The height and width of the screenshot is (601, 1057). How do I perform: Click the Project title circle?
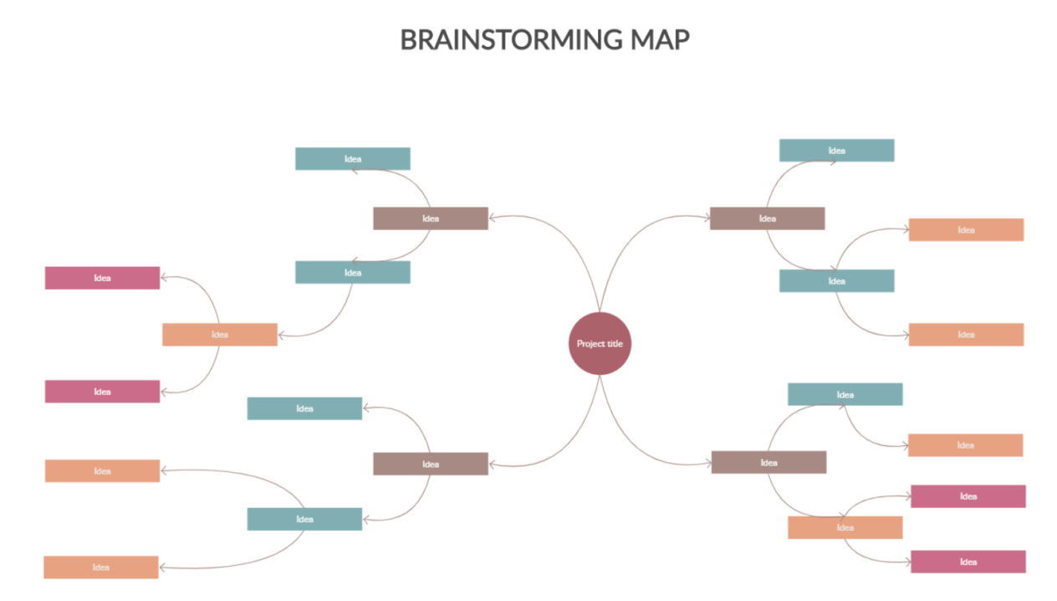tap(599, 343)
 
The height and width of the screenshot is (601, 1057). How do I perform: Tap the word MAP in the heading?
tap(661, 39)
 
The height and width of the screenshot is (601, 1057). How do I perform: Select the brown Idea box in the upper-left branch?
tap(430, 218)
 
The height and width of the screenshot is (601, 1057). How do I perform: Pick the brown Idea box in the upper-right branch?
tap(767, 218)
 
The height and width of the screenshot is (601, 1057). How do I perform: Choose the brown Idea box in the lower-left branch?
tap(430, 464)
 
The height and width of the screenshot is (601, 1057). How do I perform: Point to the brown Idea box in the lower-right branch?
tap(768, 462)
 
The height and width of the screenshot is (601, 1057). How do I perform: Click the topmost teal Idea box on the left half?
tap(352, 159)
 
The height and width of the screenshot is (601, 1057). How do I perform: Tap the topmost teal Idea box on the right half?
tap(836, 151)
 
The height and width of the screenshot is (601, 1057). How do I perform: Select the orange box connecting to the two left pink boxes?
tap(219, 335)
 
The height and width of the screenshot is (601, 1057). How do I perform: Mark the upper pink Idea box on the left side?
tap(102, 278)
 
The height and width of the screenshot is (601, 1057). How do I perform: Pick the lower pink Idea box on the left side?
tap(102, 392)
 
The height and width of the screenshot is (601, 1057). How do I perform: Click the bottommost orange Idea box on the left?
tap(100, 568)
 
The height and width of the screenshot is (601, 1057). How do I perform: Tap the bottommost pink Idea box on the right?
tap(968, 562)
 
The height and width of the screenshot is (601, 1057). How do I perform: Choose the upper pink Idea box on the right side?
tap(968, 496)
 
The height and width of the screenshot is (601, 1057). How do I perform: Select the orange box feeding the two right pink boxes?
tap(845, 527)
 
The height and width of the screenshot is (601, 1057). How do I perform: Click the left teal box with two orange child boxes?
tap(304, 519)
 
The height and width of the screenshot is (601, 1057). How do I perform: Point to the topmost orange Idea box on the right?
tap(966, 229)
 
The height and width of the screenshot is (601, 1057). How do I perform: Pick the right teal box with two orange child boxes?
tap(836, 281)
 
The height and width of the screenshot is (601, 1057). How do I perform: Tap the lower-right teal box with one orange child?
tap(845, 394)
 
